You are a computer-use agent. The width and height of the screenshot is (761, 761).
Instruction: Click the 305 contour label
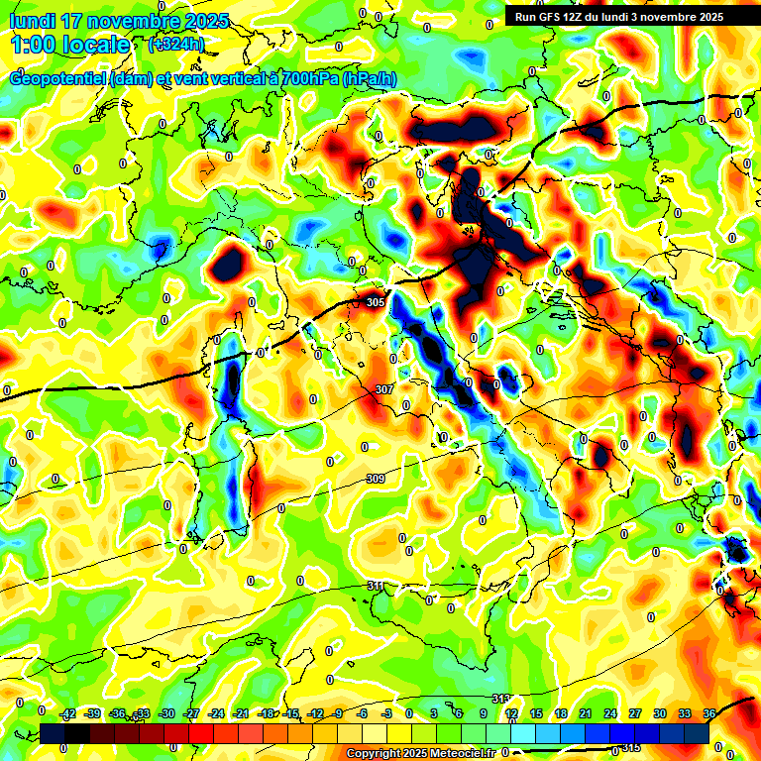pos(375,302)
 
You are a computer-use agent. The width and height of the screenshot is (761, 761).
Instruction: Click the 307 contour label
pos(384,389)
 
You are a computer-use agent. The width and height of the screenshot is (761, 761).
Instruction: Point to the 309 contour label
pos(375,479)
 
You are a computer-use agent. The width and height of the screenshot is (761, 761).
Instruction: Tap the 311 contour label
pos(375,587)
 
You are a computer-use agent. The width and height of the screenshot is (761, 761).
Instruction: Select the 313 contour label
pos(500,699)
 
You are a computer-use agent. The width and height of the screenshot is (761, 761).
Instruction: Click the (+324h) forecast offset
pos(175,44)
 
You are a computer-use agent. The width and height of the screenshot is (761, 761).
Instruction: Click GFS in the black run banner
pos(558,17)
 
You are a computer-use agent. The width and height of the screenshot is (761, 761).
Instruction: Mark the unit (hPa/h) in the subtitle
pos(369,79)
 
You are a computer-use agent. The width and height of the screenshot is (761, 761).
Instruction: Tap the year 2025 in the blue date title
pos(206,21)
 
